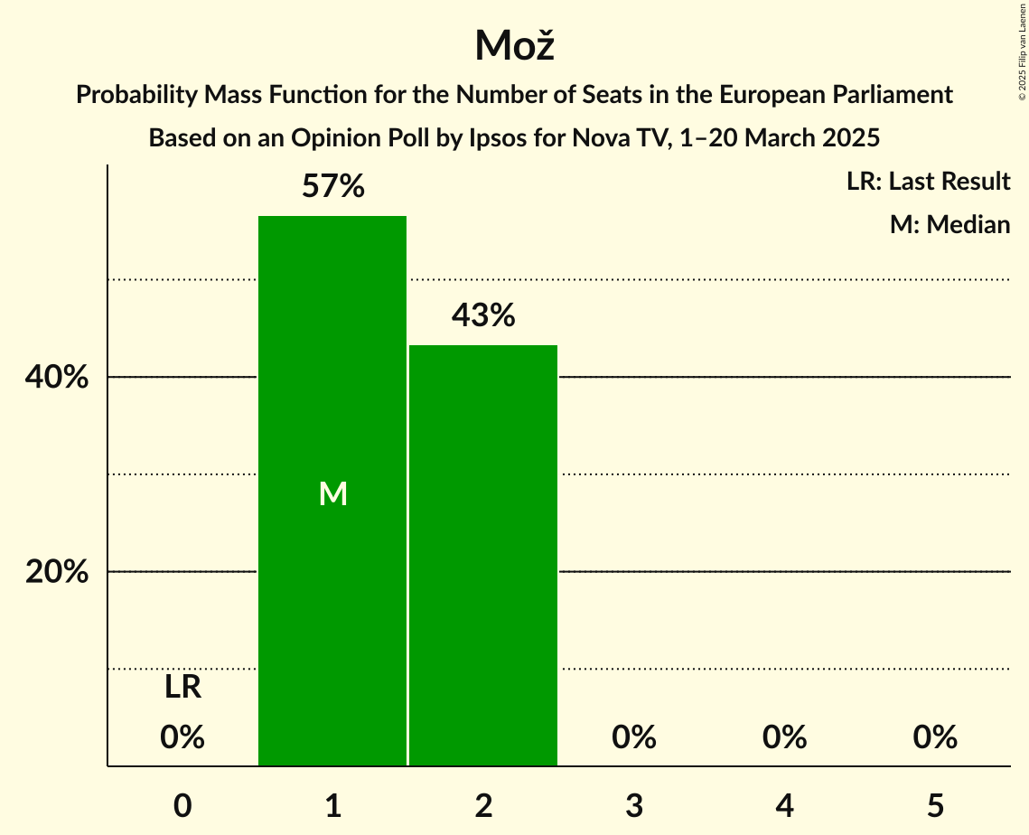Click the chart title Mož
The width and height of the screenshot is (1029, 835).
[514, 45]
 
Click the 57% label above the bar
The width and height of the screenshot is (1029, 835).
[332, 187]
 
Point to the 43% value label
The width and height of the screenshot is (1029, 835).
[483, 315]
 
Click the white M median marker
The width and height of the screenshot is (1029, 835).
[332, 493]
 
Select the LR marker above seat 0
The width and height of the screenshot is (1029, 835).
[182, 688]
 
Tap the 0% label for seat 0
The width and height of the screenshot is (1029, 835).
[182, 737]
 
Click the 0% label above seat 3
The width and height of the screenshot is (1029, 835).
[633, 737]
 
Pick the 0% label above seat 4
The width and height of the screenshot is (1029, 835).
[784, 737]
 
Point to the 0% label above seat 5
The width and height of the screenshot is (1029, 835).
[934, 737]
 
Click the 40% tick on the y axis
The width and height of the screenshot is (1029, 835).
[57, 378]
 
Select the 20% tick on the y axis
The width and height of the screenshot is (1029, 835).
[57, 572]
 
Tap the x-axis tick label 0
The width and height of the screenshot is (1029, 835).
[182, 804]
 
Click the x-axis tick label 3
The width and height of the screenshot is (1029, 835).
[633, 804]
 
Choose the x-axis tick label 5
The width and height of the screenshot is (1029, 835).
[934, 804]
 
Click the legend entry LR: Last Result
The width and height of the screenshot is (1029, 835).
[928, 182]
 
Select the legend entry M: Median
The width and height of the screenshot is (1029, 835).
[949, 224]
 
